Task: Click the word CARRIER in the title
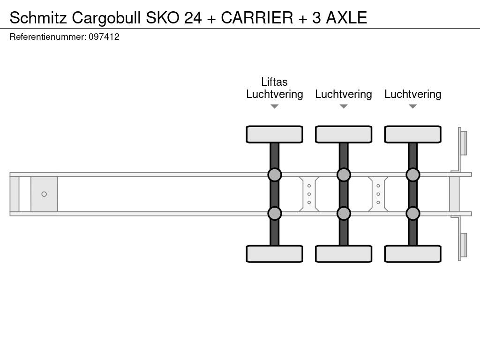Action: tap(256, 17)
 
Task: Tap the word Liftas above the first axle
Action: tap(274, 82)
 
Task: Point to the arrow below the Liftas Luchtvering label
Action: tap(274, 106)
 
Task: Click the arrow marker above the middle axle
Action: tap(344, 106)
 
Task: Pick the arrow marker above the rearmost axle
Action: tap(412, 106)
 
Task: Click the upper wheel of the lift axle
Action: tap(274, 134)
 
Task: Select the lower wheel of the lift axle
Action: tap(274, 254)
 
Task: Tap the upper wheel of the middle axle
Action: tap(344, 134)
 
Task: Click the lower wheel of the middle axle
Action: tap(344, 254)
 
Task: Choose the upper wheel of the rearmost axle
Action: tap(412, 134)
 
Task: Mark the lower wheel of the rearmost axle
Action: tap(412, 254)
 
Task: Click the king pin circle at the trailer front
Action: tap(44, 194)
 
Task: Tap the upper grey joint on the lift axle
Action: tap(274, 175)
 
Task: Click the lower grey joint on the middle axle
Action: tap(344, 213)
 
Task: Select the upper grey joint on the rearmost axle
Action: tap(412, 175)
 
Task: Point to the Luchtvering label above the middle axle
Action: tap(344, 94)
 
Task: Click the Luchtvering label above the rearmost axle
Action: tap(412, 94)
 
